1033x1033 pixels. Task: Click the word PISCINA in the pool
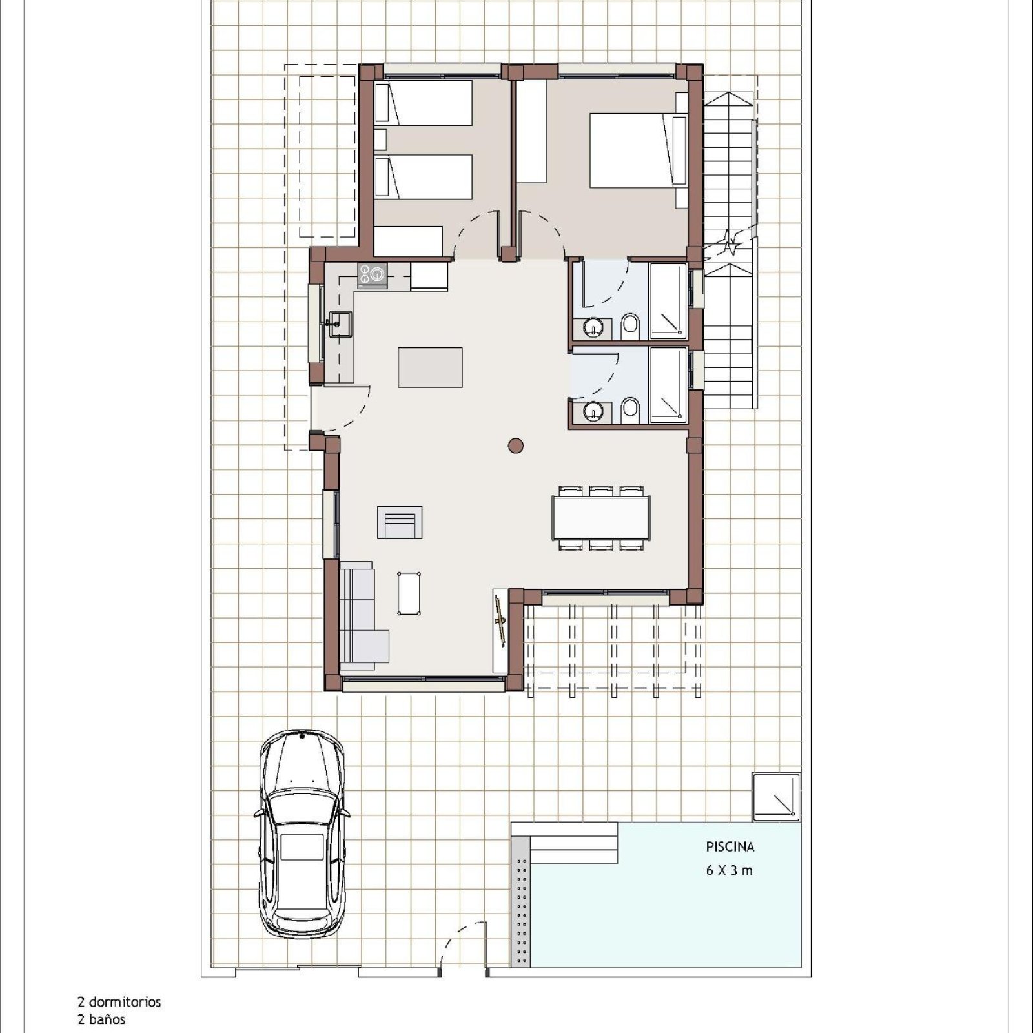(x=730, y=846)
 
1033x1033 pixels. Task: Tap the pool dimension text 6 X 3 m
(x=730, y=870)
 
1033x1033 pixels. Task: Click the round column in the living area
(x=515, y=445)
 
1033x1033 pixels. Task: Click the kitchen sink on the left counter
(x=340, y=323)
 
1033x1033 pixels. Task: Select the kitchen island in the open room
(x=430, y=367)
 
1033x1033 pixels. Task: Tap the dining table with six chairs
(x=601, y=518)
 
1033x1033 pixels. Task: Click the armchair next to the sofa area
(x=400, y=522)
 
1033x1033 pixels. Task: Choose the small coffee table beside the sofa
(x=409, y=593)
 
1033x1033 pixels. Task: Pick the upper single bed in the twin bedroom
(x=424, y=103)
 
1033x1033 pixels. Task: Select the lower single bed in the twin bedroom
(x=424, y=176)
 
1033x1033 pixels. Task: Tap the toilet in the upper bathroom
(x=631, y=327)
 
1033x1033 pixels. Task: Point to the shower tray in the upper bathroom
(x=668, y=301)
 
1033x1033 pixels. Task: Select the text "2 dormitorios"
(x=119, y=1002)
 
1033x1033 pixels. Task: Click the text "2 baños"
(x=101, y=1020)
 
